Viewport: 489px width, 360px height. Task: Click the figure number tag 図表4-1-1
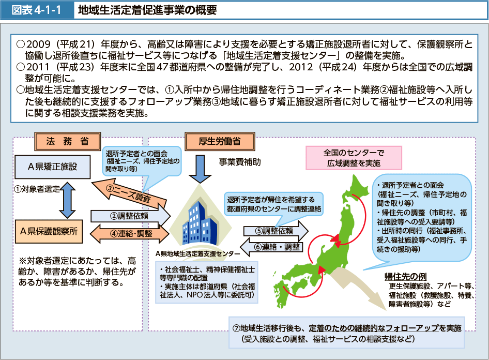[36, 10]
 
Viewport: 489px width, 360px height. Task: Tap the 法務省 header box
[67, 141]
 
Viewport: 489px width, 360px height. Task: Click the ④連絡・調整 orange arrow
[129, 233]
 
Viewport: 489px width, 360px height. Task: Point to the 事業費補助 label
[239, 162]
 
